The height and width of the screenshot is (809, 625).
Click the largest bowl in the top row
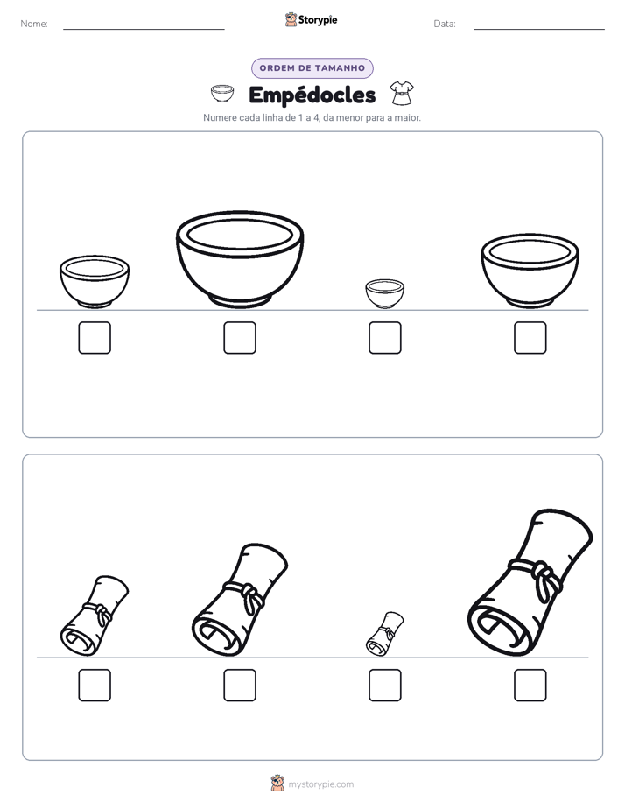240,259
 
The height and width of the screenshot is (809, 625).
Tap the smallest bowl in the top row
384,293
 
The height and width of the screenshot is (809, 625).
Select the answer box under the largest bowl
240,338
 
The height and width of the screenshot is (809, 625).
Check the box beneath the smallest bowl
385,338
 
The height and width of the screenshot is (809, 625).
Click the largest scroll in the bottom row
530,583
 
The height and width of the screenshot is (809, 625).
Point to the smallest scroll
384,634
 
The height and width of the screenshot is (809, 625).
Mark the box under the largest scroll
530,686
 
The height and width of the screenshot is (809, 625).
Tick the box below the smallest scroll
385,686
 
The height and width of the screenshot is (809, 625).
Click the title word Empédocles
312,95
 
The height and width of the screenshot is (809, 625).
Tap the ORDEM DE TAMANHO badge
312,68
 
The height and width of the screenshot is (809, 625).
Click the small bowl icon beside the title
222,94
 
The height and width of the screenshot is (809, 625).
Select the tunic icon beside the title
401,93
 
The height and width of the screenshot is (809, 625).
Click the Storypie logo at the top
311,19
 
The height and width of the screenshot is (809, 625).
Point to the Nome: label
34,24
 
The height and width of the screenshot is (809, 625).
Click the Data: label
445,24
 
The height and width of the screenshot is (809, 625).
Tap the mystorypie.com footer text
320,784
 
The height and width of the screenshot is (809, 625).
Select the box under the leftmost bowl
95,338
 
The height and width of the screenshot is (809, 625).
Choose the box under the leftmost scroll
95,686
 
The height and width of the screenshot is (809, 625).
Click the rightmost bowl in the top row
530,271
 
